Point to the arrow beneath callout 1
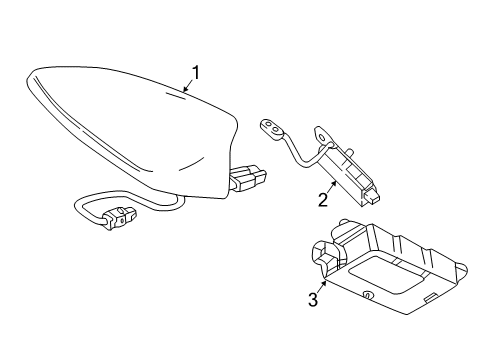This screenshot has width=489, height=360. [189, 88]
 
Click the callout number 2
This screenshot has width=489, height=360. [322, 200]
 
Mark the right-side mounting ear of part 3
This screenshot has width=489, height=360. [462, 268]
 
